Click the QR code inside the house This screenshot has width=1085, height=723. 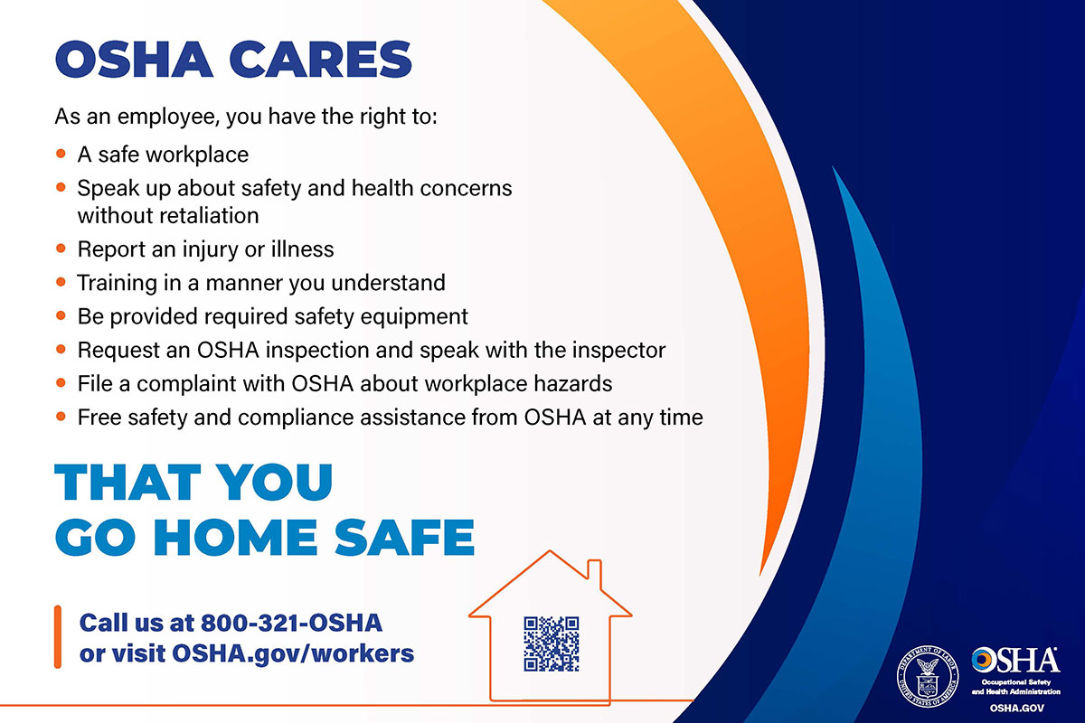551,643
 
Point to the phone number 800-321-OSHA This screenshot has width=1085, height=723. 291,623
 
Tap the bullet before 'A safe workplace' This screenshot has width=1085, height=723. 61,155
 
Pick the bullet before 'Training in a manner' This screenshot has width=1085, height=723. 61,282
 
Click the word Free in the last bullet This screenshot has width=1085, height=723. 97,417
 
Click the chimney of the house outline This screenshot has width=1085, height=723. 595,571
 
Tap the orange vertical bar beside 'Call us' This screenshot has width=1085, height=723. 58,637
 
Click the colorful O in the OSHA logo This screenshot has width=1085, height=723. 986,659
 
